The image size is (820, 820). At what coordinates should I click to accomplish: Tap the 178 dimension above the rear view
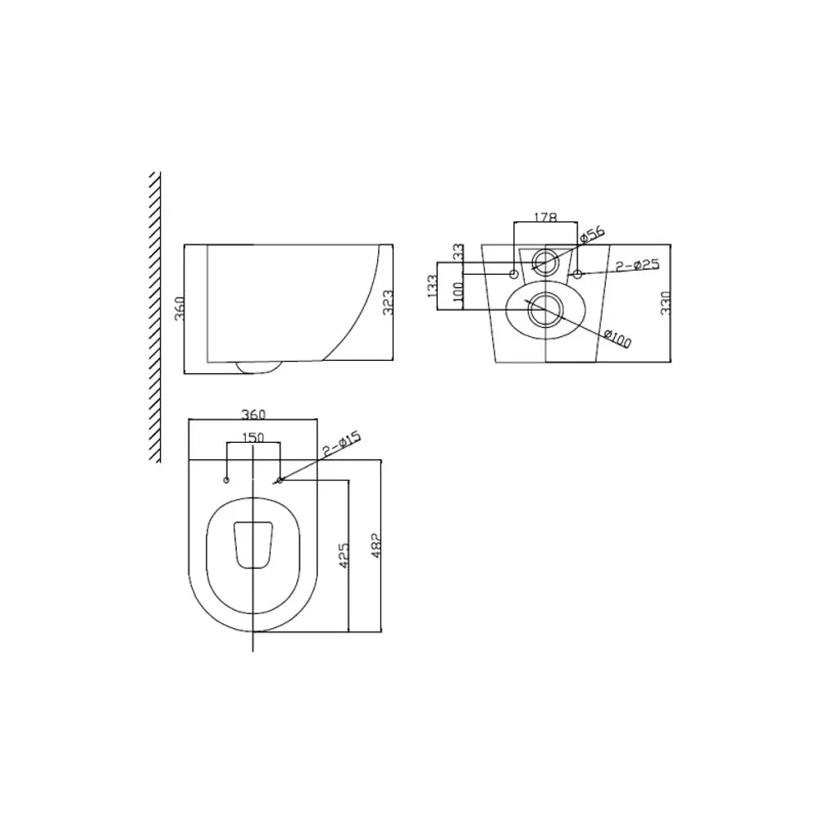click(545, 217)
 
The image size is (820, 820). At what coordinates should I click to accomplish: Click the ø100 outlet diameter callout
click(617, 337)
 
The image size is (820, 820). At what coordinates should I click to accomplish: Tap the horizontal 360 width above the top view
click(253, 415)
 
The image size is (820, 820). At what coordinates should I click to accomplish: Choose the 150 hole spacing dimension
click(253, 438)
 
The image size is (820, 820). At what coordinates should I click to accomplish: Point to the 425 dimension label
click(344, 556)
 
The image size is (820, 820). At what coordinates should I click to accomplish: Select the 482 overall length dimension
click(376, 545)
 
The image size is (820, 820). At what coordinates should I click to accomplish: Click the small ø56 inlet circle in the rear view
click(544, 262)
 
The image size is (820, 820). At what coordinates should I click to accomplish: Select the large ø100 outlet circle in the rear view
click(544, 309)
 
